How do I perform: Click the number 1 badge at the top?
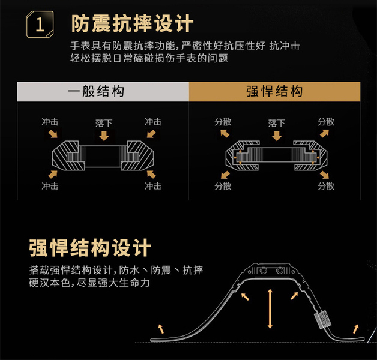point(40,26)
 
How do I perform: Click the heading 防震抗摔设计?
point(132,24)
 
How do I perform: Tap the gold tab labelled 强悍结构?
point(274,92)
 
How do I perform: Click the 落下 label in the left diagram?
point(104,122)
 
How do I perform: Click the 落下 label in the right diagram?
point(277,122)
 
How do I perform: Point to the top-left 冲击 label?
point(50,122)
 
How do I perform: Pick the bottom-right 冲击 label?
point(153,186)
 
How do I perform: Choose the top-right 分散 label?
point(326,122)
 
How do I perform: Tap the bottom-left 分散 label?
point(223,186)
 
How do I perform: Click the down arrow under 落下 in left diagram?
point(104,136)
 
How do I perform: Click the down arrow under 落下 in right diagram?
point(277,136)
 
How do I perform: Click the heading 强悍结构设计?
point(90,248)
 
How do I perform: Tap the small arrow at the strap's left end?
point(160,327)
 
